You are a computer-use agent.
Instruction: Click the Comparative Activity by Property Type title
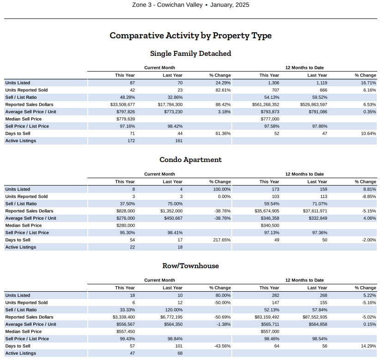pyautogui.click(x=191, y=36)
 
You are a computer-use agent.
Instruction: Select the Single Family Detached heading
pyautogui.click(x=191, y=53)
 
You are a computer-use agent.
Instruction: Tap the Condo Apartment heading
pyautogui.click(x=191, y=160)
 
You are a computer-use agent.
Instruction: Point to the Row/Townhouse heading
pyautogui.click(x=191, y=266)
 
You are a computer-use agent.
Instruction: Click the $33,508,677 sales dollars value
pyautogui.click(x=123, y=105)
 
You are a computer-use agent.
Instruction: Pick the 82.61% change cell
pyautogui.click(x=223, y=90)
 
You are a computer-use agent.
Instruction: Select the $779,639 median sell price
pyautogui.click(x=126, y=119)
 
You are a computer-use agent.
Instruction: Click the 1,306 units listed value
pyautogui.click(x=274, y=83)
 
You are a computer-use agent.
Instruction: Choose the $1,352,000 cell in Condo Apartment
pyautogui.click(x=171, y=211)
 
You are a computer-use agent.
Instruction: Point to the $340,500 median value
pyautogui.click(x=270, y=226)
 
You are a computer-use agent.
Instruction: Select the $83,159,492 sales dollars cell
pyautogui.click(x=267, y=317)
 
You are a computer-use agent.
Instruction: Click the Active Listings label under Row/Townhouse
pyautogui.click(x=21, y=353)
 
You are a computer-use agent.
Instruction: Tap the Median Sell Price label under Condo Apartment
pyautogui.click(x=24, y=226)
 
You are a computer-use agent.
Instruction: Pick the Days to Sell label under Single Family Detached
pyautogui.click(x=18, y=133)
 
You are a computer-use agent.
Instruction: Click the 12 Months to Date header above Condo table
pyautogui.click(x=304, y=174)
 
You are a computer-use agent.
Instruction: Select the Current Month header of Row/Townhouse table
pyautogui.click(x=159, y=280)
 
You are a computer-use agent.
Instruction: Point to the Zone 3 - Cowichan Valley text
pyautogui.click(x=167, y=5)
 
